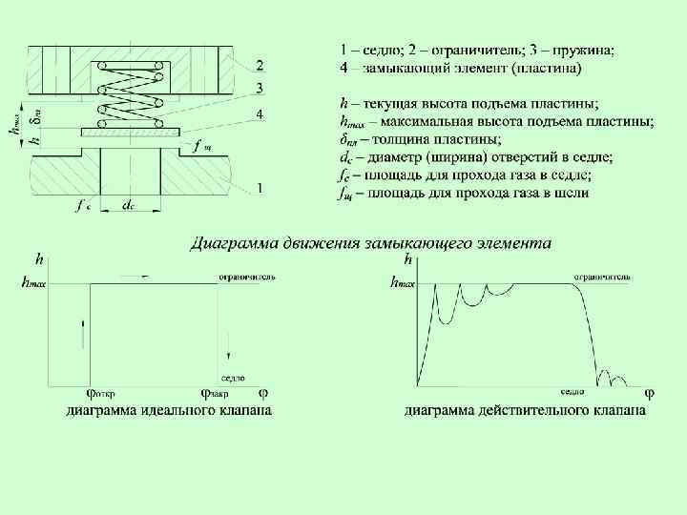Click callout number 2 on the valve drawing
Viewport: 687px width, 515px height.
pos(260,65)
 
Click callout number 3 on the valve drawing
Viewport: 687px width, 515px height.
pos(260,90)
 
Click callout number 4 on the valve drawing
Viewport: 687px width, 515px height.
pos(260,114)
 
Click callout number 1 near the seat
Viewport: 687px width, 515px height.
pos(260,189)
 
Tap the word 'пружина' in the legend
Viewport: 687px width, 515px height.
pos(590,50)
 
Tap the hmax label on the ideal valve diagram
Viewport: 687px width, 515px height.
pos(32,281)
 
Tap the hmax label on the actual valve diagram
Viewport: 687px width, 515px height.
pos(404,281)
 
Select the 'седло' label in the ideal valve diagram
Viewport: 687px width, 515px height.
pos(233,378)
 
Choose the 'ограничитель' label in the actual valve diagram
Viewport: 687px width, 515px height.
pos(601,276)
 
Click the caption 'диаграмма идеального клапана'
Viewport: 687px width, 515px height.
pos(168,411)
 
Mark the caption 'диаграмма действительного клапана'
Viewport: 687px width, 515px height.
pos(525,411)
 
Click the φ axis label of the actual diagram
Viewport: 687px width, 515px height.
pos(650,392)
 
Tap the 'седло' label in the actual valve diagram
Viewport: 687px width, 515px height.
pos(572,391)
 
